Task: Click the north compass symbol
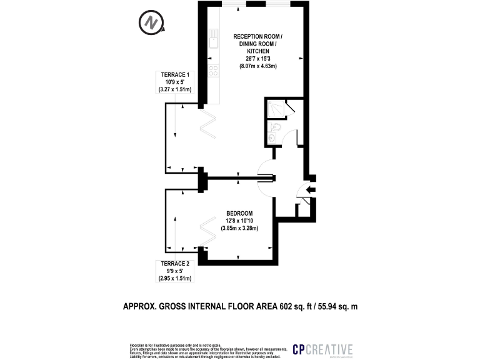(x=151, y=23)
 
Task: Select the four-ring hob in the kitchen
(x=213, y=71)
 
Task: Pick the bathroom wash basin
(x=270, y=137)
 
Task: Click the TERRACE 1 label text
(x=175, y=75)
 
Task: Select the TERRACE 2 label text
(x=175, y=263)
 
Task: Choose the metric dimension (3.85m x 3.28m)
(x=239, y=228)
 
